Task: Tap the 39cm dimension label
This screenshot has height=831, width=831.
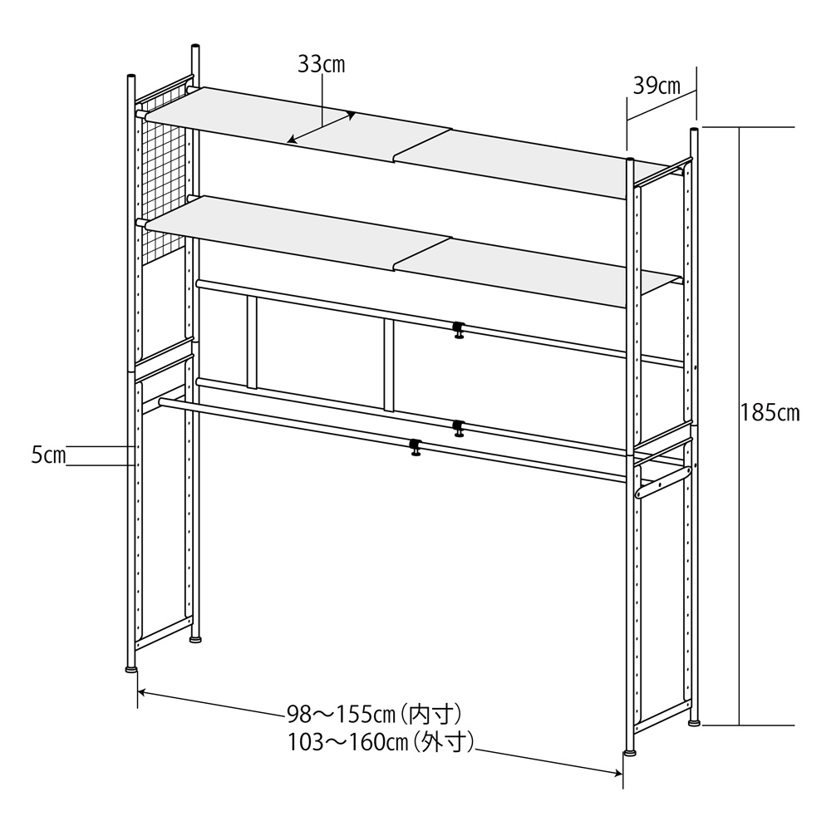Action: pos(656,85)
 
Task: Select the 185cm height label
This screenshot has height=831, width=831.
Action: pos(770,413)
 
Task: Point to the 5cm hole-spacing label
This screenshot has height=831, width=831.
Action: pos(49,455)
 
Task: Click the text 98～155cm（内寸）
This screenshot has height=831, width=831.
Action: pos(374,714)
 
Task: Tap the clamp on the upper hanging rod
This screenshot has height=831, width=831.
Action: pos(458,330)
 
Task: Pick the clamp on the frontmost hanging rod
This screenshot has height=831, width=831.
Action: pos(415,447)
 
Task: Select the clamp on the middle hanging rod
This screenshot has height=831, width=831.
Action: pos(458,428)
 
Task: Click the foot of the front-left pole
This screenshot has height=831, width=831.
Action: pos(130,667)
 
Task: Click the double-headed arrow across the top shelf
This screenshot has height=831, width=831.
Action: pos(322,128)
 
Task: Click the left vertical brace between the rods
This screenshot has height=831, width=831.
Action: pos(253,342)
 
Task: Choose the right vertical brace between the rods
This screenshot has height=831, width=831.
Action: pos(389,366)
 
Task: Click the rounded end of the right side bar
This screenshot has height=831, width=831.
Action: pos(640,493)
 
